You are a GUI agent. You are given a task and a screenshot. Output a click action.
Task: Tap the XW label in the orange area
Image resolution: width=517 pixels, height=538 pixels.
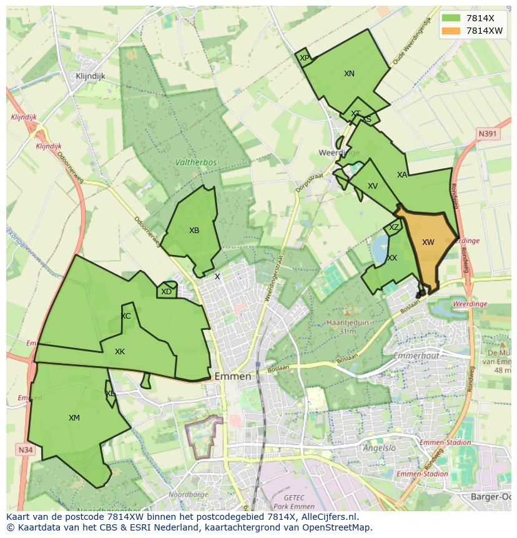(428, 242)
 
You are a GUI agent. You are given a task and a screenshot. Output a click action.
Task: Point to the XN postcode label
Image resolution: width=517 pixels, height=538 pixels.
(349, 74)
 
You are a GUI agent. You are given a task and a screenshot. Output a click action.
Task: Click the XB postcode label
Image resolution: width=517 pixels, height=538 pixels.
(194, 231)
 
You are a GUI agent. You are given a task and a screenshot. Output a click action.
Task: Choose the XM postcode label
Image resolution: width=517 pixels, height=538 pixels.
(74, 418)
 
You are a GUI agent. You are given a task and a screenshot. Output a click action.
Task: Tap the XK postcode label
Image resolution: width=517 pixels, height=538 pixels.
(120, 352)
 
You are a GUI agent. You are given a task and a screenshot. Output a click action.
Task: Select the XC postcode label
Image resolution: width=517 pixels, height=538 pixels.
(126, 316)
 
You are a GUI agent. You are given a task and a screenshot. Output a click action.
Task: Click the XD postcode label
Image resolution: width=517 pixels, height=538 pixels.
(166, 292)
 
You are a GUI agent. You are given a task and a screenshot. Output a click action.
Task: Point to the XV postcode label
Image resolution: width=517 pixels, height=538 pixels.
(373, 186)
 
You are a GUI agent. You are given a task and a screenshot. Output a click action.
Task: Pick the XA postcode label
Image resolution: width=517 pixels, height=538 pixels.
(402, 175)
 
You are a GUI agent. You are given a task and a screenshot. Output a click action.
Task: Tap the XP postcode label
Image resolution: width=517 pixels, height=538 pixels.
(304, 58)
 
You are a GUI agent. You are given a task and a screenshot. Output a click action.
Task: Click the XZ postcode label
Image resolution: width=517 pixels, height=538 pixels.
(393, 227)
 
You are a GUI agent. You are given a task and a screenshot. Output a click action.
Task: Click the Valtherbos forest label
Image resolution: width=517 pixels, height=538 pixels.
(196, 162)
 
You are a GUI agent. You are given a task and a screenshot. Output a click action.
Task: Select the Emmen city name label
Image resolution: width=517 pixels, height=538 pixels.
(232, 377)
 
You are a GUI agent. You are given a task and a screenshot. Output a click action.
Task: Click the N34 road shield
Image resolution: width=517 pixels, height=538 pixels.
(25, 450)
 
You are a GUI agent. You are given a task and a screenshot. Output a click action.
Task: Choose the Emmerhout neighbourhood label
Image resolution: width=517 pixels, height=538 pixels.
(416, 356)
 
